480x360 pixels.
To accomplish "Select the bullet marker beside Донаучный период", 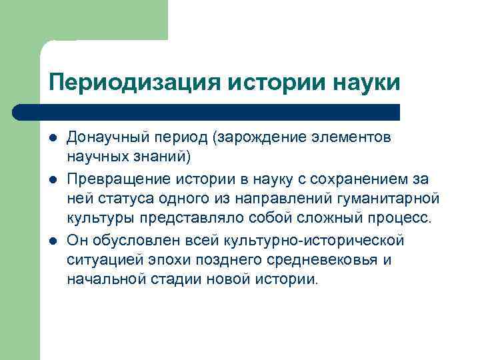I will [52, 137].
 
